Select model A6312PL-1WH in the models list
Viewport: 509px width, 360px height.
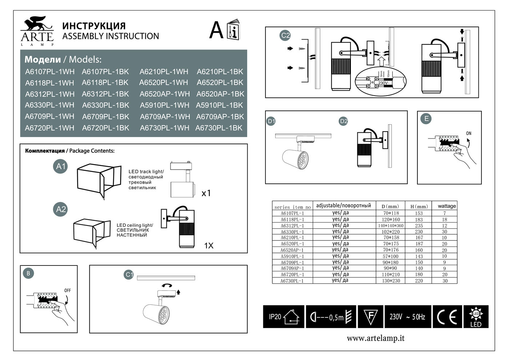(x=50, y=94)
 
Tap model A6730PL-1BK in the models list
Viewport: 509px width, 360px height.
(x=219, y=128)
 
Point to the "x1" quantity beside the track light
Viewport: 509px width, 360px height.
(x=206, y=193)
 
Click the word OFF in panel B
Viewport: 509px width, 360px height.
(x=67, y=291)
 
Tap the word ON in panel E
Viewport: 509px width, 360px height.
(x=469, y=133)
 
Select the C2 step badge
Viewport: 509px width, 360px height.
(x=285, y=35)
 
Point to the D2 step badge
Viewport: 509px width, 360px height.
(x=343, y=121)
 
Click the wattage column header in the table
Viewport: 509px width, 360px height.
(x=446, y=206)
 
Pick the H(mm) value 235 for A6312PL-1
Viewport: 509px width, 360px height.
(x=419, y=226)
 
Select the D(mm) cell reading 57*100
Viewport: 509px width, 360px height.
(x=391, y=256)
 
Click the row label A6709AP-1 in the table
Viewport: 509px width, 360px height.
(x=292, y=268)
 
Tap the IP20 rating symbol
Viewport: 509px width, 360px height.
(x=284, y=317)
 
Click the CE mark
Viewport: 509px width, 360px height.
(x=447, y=317)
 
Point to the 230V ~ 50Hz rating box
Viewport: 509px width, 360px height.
(x=407, y=317)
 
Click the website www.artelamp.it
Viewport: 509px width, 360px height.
(x=376, y=338)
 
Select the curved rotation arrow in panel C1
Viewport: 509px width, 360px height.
(x=167, y=286)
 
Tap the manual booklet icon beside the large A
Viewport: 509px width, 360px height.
(x=233, y=30)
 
